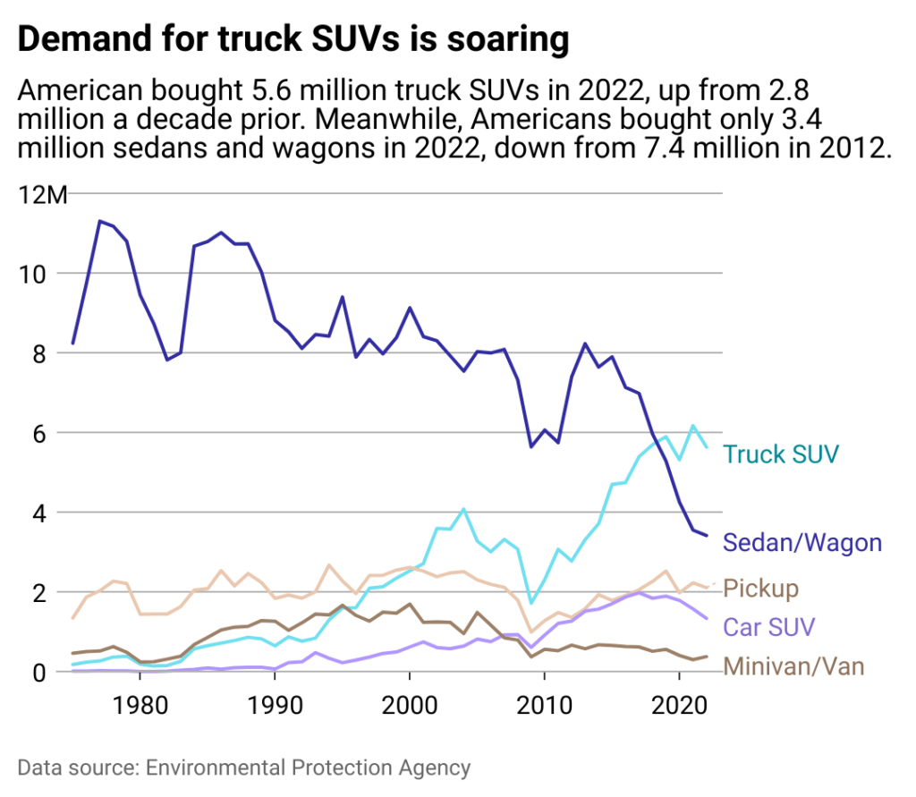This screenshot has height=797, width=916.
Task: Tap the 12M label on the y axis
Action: click(x=43, y=194)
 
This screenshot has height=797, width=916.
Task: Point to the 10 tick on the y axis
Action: click(x=32, y=274)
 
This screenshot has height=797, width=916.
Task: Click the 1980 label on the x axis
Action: click(x=140, y=700)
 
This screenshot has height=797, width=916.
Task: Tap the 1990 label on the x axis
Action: click(x=275, y=700)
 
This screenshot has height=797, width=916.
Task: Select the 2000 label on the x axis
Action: click(x=410, y=700)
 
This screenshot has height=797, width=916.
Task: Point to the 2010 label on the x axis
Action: click(x=545, y=700)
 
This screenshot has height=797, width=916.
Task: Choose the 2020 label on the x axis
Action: click(x=680, y=700)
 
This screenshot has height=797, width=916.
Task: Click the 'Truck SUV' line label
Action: click(x=781, y=454)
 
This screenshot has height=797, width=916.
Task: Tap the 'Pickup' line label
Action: click(x=760, y=589)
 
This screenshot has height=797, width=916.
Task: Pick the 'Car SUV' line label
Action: click(x=769, y=625)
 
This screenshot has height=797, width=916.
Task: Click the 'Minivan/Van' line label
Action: click(x=793, y=666)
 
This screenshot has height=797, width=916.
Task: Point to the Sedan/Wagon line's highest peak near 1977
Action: click(x=100, y=221)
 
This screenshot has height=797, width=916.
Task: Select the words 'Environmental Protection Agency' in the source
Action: click(x=308, y=767)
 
